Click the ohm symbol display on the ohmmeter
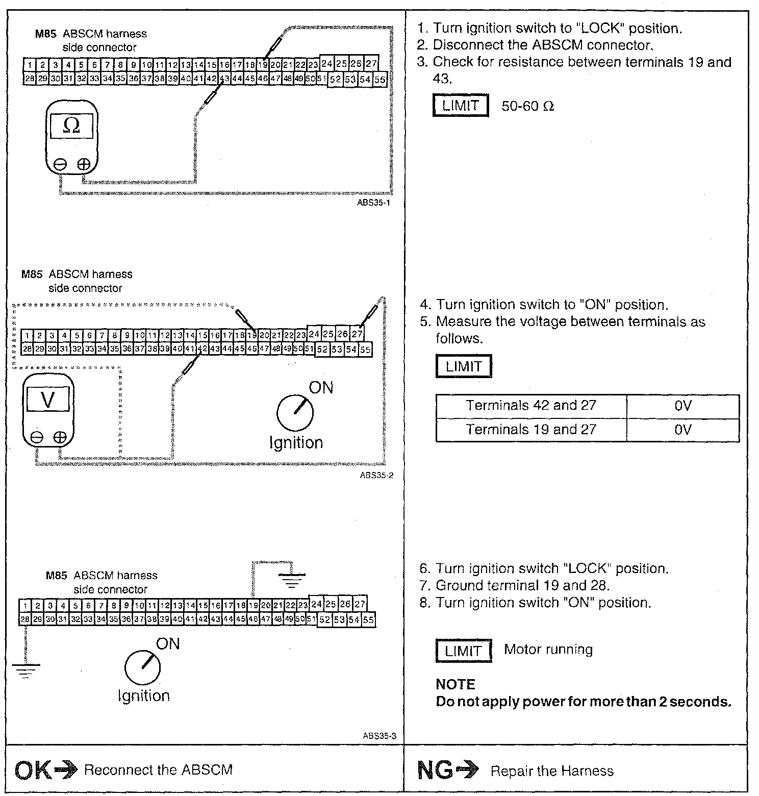[71, 126]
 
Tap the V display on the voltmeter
[48, 399]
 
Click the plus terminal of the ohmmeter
[84, 164]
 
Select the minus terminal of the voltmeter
[36, 437]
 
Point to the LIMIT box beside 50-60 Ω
[461, 106]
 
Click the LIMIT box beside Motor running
[464, 651]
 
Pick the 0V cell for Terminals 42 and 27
[682, 406]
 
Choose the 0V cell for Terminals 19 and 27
[682, 430]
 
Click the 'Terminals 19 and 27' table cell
[531, 430]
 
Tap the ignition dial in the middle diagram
[294, 412]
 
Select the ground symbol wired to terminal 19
[292, 579]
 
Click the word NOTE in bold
[456, 684]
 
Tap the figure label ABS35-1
[374, 203]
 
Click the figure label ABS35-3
[380, 736]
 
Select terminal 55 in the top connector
[380, 80]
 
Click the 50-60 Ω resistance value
[527, 106]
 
